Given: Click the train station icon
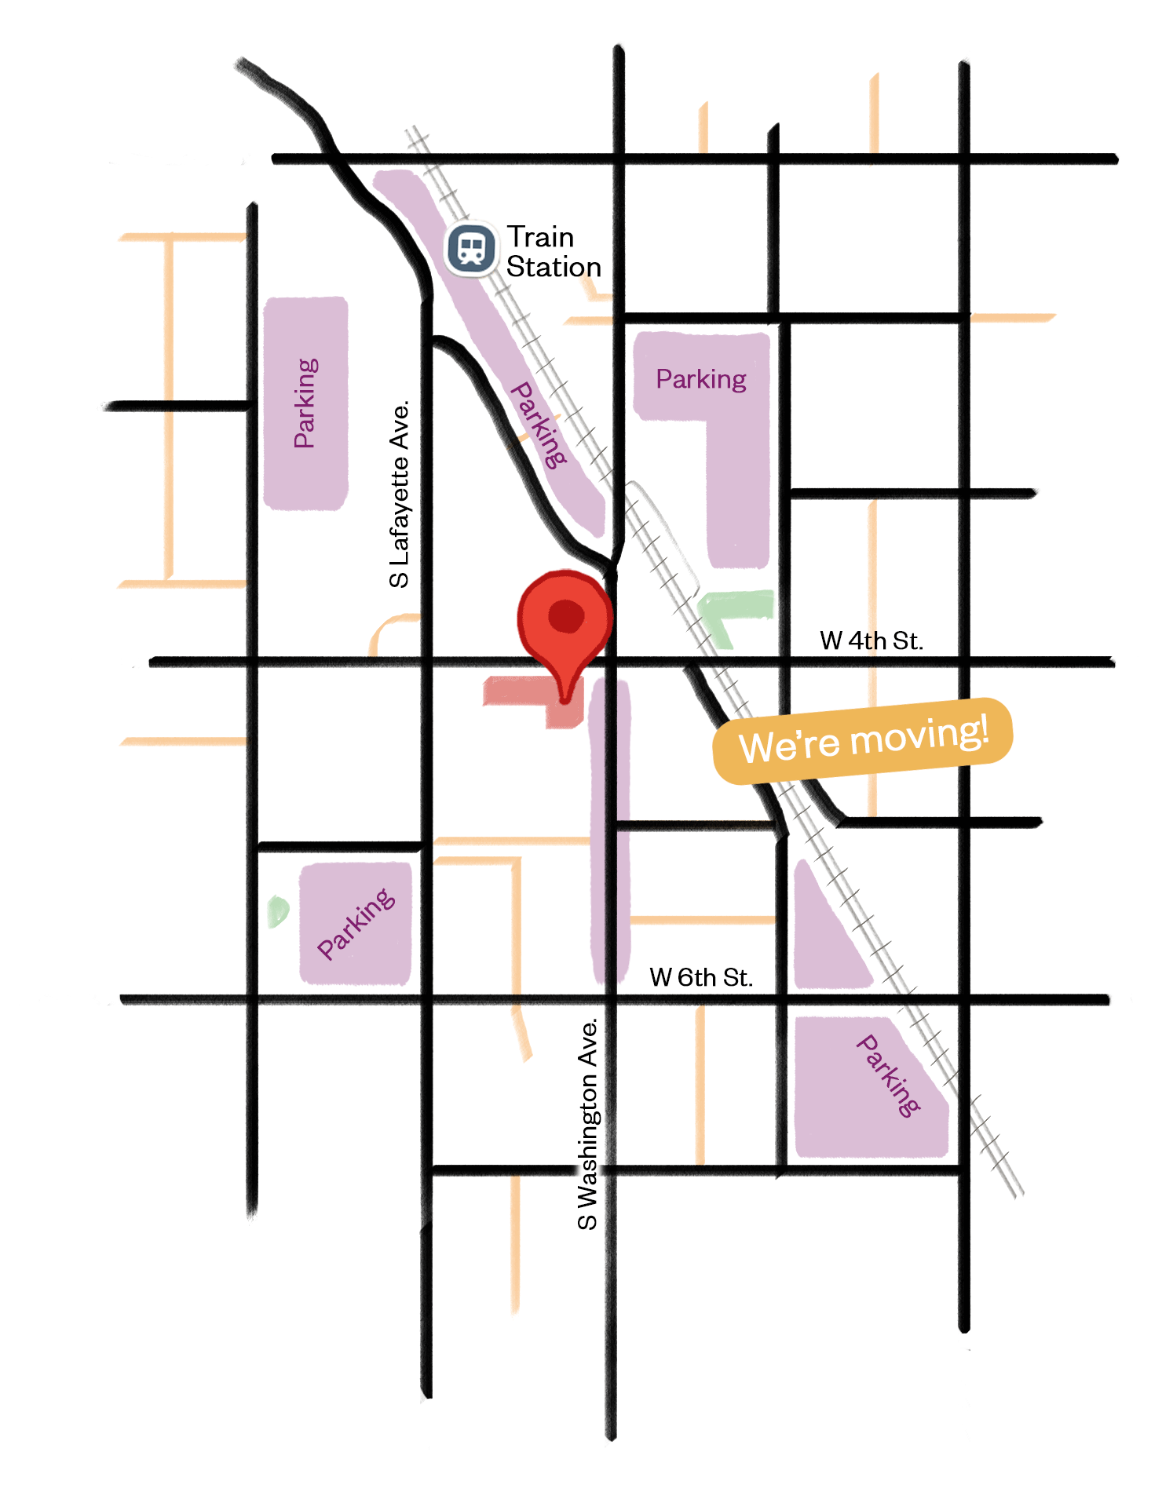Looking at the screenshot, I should [x=471, y=249].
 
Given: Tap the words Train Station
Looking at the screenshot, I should [x=553, y=252].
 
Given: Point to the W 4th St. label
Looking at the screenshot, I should [x=871, y=640].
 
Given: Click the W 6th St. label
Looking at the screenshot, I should [x=700, y=977].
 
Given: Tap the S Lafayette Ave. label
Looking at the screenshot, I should [x=400, y=494].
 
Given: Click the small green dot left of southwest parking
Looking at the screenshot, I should [x=278, y=911].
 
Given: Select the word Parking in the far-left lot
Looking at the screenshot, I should [x=305, y=403].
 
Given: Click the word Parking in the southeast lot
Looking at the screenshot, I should [x=888, y=1075].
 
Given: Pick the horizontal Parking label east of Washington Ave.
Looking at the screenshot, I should [x=700, y=379].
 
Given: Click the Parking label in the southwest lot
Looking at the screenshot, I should [x=356, y=924].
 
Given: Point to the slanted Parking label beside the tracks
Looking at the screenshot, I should [x=539, y=425].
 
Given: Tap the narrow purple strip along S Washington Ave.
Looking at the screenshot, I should [x=610, y=832].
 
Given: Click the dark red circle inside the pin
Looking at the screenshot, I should [x=566, y=615].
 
